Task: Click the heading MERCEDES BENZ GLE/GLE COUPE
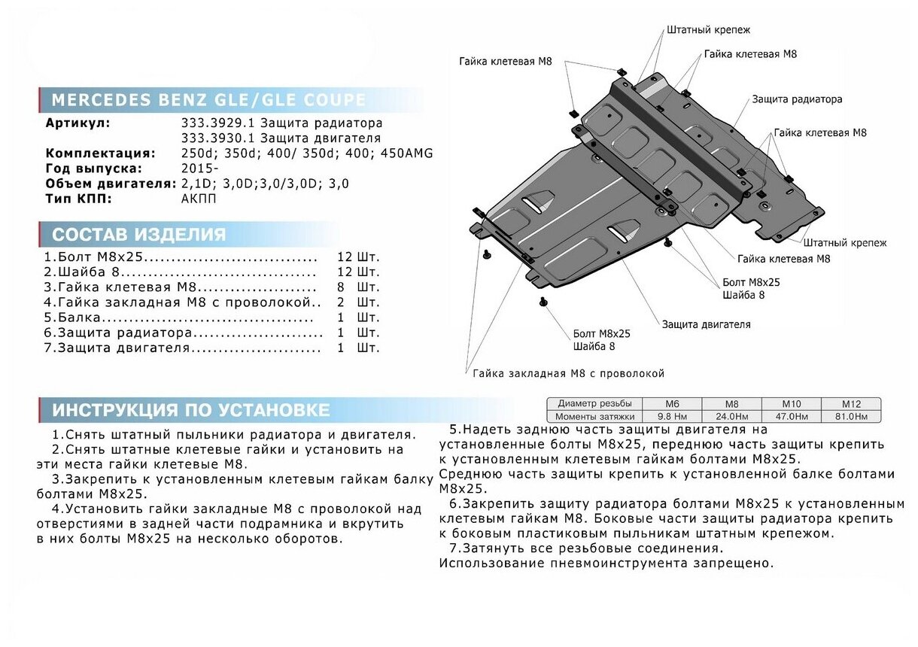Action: click(208, 100)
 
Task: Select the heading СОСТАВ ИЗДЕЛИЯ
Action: click(138, 234)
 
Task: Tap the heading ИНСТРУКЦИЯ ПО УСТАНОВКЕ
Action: click(190, 410)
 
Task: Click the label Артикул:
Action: click(78, 123)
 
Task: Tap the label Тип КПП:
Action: click(79, 199)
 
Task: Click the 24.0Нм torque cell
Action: click(731, 416)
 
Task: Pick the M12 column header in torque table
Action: click(851, 404)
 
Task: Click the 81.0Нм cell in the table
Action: click(851, 416)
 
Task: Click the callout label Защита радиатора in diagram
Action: click(797, 99)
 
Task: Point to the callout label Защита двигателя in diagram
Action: click(706, 325)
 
